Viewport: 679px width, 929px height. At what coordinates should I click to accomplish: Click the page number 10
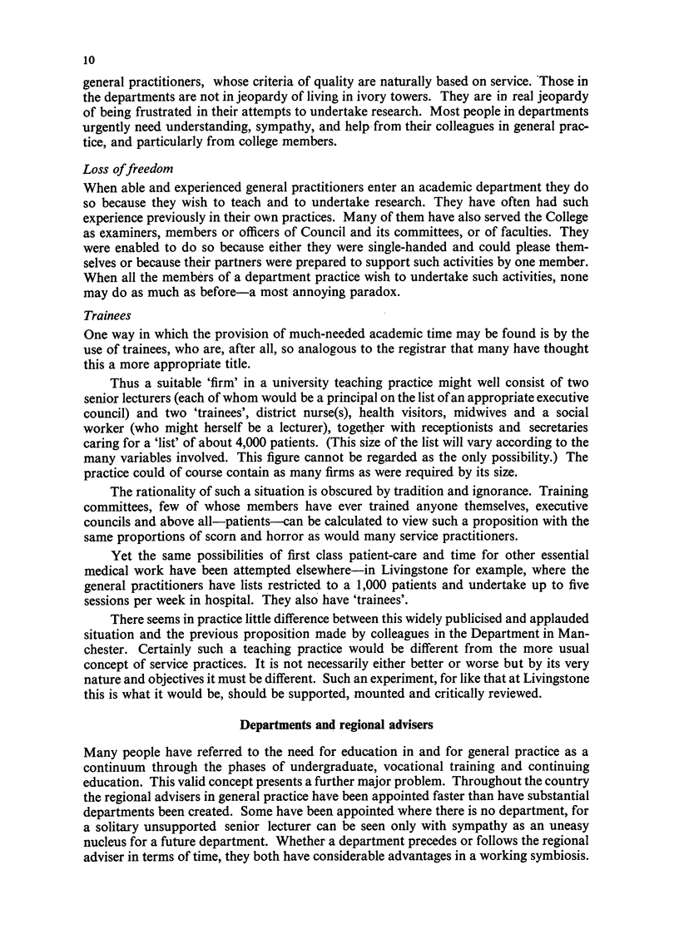pyautogui.click(x=89, y=61)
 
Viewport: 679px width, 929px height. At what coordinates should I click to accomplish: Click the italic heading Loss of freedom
pyautogui.click(x=123, y=170)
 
